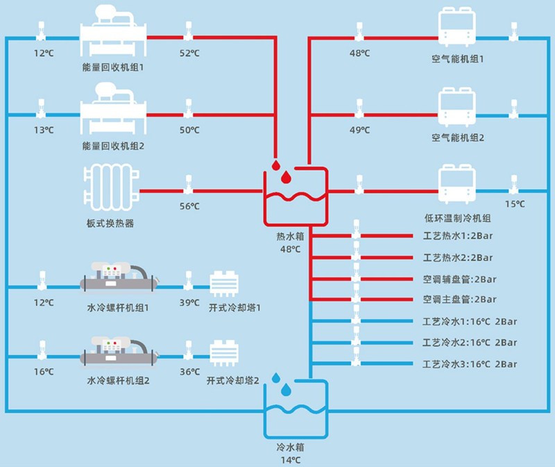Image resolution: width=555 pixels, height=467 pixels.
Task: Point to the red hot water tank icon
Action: [x=295, y=196]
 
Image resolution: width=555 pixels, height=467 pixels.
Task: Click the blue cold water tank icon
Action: [x=295, y=409]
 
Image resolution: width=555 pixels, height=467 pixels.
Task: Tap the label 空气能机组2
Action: [x=457, y=137]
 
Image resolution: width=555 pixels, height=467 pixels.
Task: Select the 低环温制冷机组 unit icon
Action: [x=457, y=184]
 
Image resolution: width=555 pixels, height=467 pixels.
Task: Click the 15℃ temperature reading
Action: [x=514, y=204]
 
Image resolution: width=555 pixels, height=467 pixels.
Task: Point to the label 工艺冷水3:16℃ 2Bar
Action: [x=470, y=364]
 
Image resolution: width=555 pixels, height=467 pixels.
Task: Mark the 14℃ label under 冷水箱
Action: [x=290, y=459]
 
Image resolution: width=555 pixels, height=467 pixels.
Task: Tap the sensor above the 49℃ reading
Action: [x=359, y=108]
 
